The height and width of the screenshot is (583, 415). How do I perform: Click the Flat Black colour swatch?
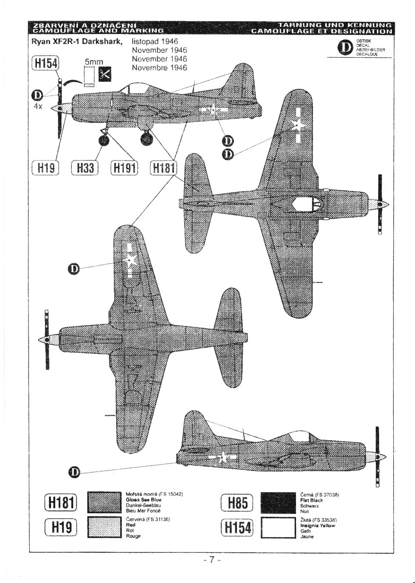(x=278, y=503)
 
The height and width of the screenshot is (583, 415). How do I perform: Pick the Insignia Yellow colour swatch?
(x=278, y=528)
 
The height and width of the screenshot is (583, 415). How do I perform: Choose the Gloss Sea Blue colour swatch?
(x=102, y=503)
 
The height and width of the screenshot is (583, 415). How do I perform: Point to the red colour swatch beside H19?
(x=102, y=528)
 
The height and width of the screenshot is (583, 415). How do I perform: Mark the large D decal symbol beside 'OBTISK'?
(x=346, y=48)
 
